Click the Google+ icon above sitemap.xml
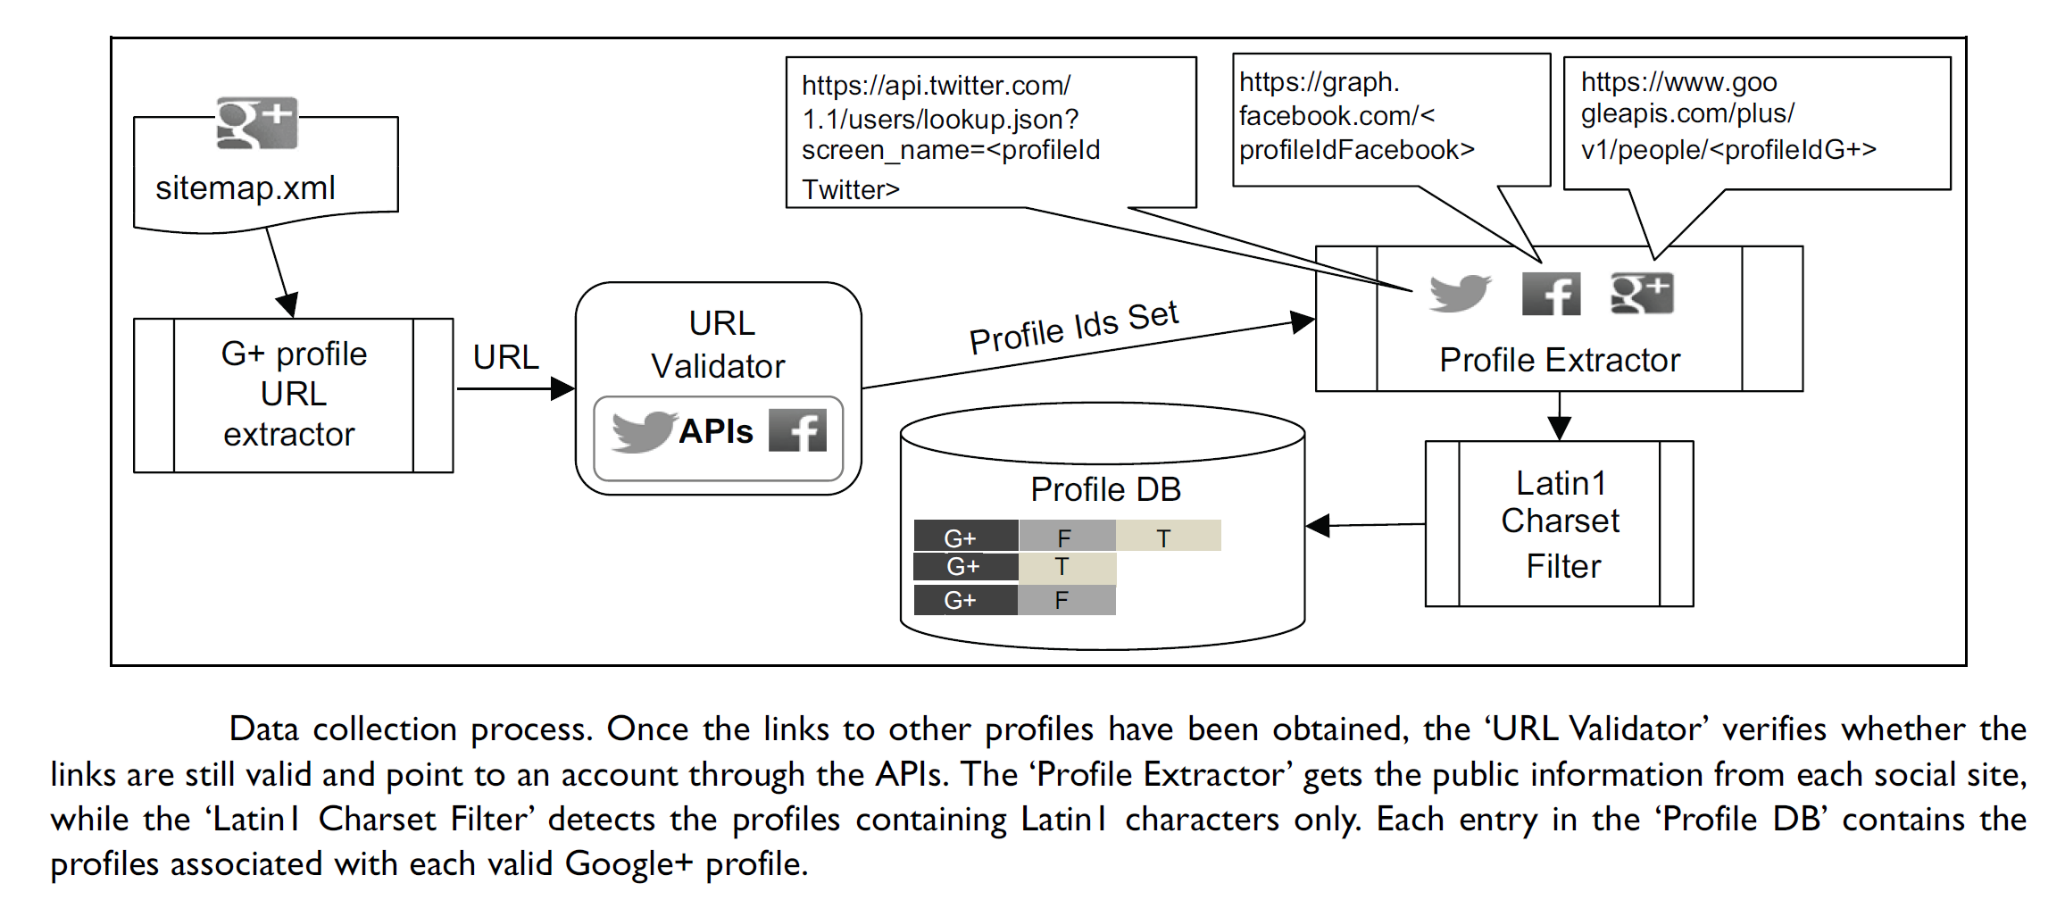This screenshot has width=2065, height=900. tap(257, 123)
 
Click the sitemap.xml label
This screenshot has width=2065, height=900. tap(246, 187)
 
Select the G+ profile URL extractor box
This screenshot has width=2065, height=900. tap(293, 395)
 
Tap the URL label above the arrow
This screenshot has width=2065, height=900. tap(505, 357)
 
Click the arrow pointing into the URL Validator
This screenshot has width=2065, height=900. tap(562, 388)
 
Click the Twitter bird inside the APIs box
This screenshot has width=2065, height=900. tap(643, 431)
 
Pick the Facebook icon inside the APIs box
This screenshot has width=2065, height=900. tap(797, 430)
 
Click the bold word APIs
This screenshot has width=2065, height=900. tap(716, 431)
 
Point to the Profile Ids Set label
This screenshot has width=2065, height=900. tap(1074, 328)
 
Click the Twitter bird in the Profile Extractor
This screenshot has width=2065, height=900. tap(1460, 293)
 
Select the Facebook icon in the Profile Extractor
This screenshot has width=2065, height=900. tap(1551, 294)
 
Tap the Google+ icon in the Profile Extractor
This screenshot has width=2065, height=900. tap(1642, 293)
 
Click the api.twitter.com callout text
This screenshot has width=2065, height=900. tap(951, 134)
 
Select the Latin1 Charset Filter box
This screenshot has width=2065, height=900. tap(1559, 524)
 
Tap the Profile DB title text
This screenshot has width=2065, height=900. tap(1105, 489)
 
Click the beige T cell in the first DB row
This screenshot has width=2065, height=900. tap(1168, 536)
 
